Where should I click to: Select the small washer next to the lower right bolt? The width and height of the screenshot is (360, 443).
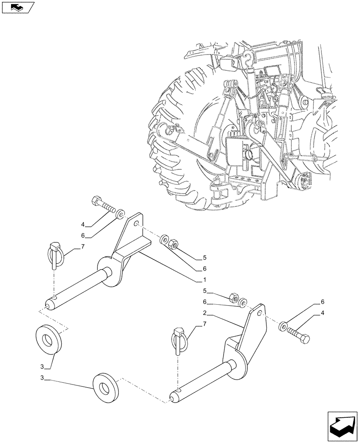click(x=283, y=327)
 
